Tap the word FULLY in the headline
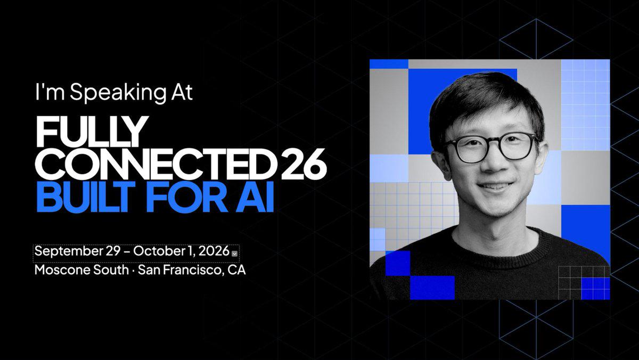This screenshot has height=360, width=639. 92,131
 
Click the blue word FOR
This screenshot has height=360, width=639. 187,197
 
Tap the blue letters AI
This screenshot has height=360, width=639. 255,197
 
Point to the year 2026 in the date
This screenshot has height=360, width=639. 214,251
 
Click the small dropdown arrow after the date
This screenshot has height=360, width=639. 234,253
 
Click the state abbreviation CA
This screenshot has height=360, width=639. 236,270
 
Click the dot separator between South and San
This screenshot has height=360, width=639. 133,271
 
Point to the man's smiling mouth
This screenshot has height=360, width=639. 496,187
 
